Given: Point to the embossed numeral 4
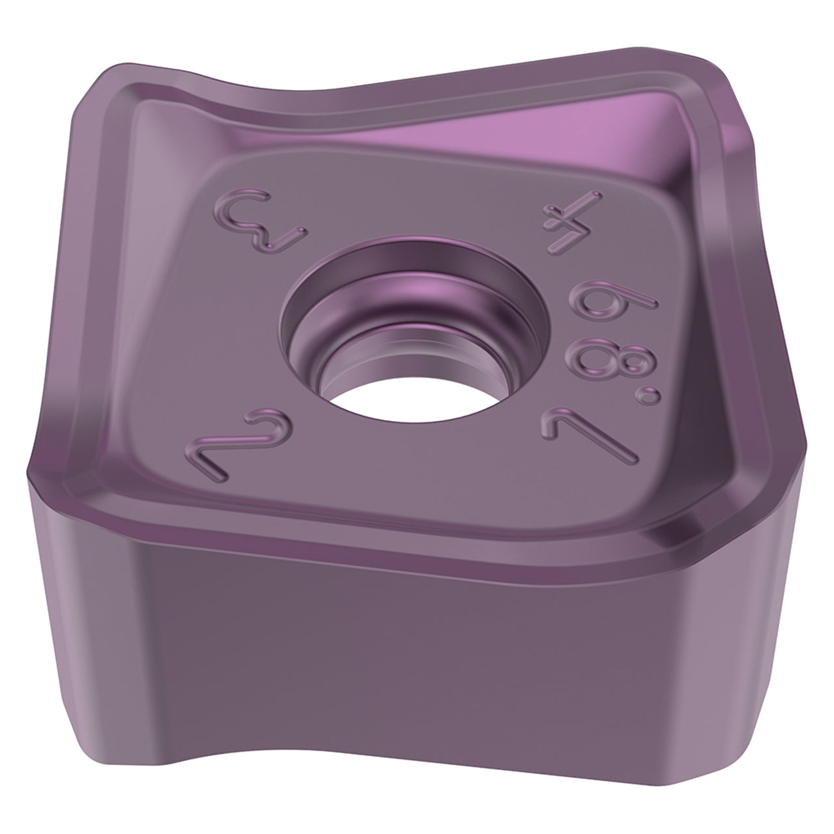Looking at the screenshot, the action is pos(572,222).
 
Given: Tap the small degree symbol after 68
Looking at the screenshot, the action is pos(648,396).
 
